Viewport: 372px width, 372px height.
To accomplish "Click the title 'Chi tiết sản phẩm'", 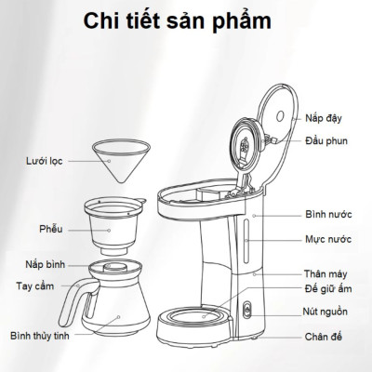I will coord(185,20).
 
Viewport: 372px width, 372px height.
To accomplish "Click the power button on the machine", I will coord(246,312).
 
